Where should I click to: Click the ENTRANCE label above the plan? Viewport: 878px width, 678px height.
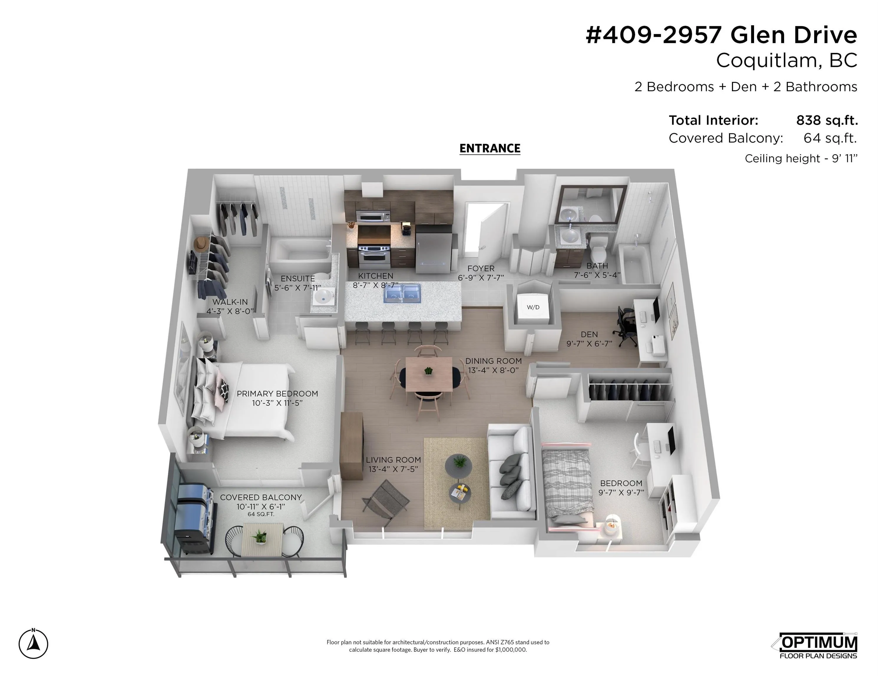(490, 148)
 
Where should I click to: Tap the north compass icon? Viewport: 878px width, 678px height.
(33, 644)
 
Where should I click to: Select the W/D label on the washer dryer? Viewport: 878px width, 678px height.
(533, 307)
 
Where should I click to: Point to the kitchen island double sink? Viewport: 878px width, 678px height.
(402, 293)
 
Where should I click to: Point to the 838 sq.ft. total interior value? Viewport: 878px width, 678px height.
(827, 120)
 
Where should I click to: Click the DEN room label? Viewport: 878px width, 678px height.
(589, 334)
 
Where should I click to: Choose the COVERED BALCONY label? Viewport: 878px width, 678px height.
(261, 497)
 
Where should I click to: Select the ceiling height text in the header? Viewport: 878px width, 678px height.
(801, 158)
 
